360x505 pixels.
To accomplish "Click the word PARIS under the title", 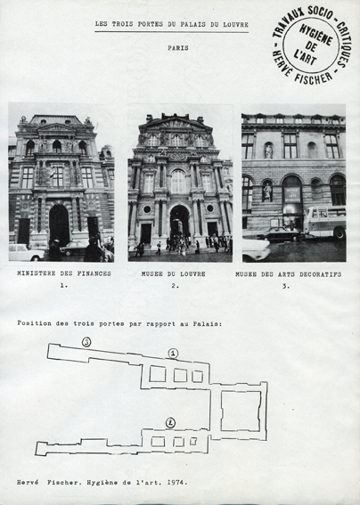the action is pyautogui.click(x=178, y=48).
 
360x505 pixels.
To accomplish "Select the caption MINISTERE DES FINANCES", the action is pyautogui.click(x=64, y=273).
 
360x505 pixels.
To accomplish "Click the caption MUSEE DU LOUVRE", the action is pyautogui.click(x=174, y=273).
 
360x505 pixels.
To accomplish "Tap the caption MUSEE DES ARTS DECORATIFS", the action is pyautogui.click(x=289, y=274).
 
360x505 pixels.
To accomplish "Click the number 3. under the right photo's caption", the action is pyautogui.click(x=286, y=286).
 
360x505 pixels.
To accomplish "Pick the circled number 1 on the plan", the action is pyautogui.click(x=173, y=354).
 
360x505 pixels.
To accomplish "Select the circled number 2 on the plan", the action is pyautogui.click(x=170, y=422).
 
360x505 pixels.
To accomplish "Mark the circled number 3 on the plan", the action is pyautogui.click(x=86, y=342).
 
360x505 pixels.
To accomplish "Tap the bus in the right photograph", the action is pyautogui.click(x=325, y=222).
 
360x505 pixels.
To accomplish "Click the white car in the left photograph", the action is pyautogui.click(x=27, y=252).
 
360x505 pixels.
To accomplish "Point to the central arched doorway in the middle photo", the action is pyautogui.click(x=180, y=222).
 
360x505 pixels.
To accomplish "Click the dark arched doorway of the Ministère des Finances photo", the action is pyautogui.click(x=59, y=224).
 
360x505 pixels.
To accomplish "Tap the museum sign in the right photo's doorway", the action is pyautogui.click(x=292, y=195).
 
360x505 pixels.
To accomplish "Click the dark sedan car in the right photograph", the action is pyautogui.click(x=280, y=234).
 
